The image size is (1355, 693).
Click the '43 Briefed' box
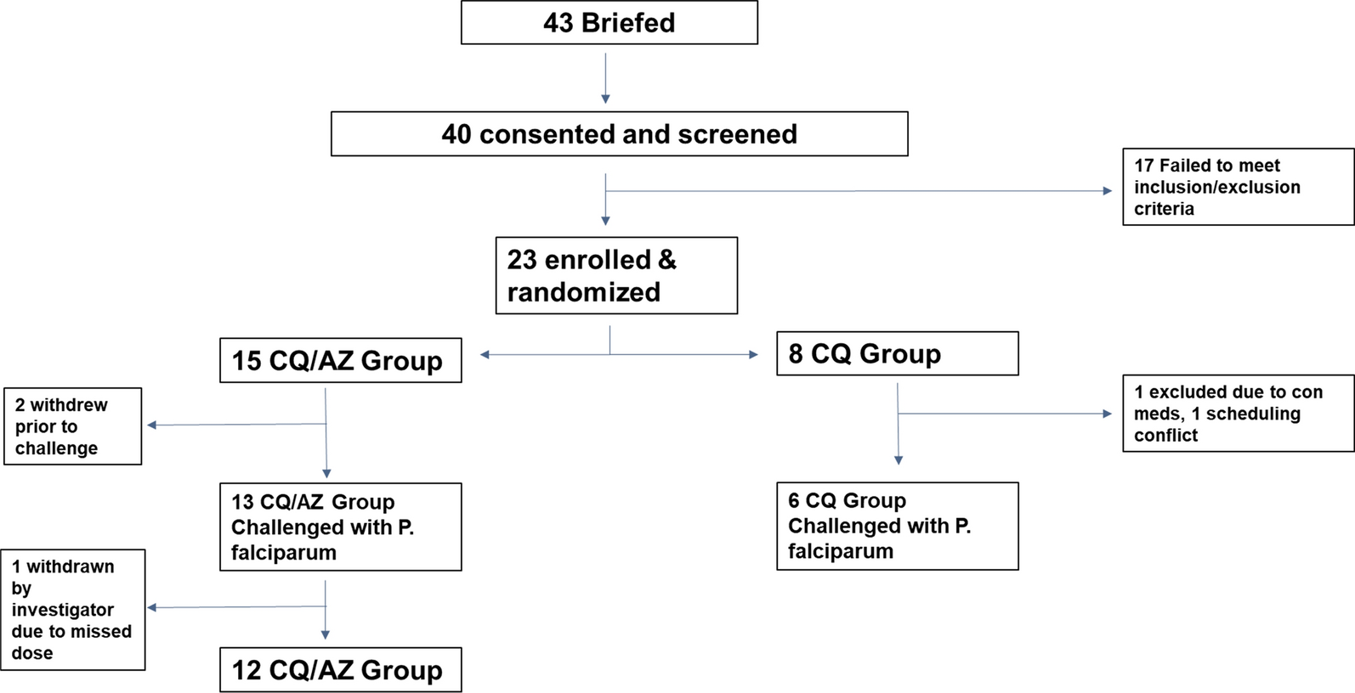click(x=609, y=23)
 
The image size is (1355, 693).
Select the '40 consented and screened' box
click(x=619, y=134)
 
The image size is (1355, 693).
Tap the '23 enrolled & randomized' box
click(x=616, y=275)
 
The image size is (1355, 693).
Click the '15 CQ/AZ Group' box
click(x=340, y=360)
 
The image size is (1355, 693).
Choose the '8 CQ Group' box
click(x=897, y=353)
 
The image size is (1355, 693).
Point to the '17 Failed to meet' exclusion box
click(x=1238, y=187)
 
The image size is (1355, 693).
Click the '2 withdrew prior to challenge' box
click(x=72, y=426)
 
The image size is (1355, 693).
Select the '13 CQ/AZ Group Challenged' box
click(x=340, y=527)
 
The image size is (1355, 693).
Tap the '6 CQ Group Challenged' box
click(x=897, y=526)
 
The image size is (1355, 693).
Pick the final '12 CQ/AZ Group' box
click(x=340, y=670)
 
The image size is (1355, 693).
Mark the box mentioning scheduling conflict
click(x=1238, y=414)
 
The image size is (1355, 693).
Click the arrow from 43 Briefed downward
click(x=605, y=78)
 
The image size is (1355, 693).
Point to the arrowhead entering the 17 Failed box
click(x=1107, y=191)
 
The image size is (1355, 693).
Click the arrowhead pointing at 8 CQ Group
click(x=753, y=355)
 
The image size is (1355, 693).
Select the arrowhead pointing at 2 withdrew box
click(x=152, y=425)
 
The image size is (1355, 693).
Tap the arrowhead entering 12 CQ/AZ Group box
click(x=326, y=634)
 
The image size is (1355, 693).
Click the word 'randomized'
click(x=583, y=292)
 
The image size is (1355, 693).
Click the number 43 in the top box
click(x=558, y=23)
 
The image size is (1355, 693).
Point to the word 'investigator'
click(x=62, y=610)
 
